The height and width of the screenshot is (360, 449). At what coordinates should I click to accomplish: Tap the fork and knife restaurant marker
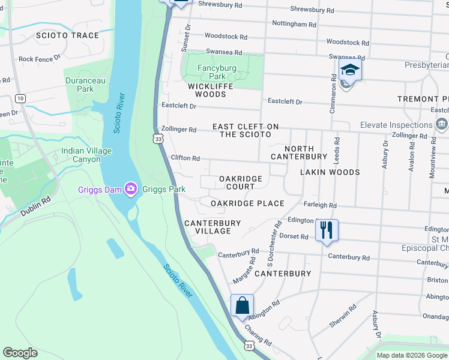327,230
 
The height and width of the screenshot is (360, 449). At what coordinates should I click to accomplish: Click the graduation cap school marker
349,71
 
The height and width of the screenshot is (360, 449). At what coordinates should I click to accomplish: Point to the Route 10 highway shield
20,98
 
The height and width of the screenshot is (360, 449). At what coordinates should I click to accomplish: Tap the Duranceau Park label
81,85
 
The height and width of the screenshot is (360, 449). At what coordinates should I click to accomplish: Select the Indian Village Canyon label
86,155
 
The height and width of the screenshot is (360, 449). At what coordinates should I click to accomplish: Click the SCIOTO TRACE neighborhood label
67,35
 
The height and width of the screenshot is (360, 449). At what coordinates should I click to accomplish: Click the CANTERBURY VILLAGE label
212,227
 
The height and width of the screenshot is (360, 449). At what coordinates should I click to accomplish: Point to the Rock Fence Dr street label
40,59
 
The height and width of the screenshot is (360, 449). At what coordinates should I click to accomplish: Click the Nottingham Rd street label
294,25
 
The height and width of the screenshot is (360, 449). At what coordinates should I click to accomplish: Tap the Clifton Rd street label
185,158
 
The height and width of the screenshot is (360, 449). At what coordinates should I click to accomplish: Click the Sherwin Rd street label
343,316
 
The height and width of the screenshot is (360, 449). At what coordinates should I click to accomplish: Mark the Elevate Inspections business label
396,125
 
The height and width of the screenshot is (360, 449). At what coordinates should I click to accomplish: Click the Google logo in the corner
20,353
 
